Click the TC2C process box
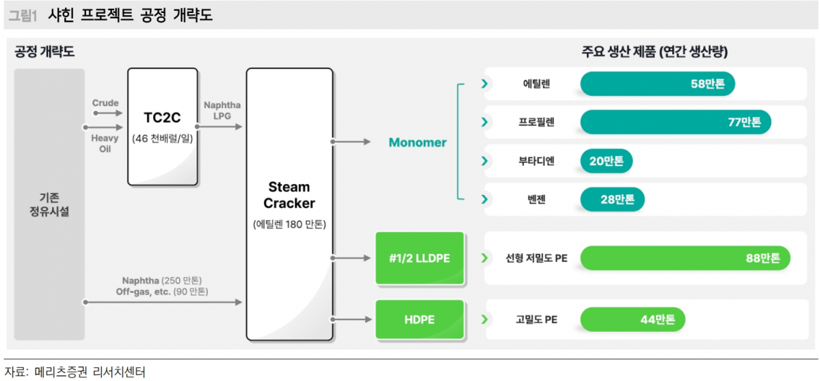[x=163, y=127]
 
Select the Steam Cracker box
[x=289, y=203]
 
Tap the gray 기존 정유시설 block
[x=49, y=204]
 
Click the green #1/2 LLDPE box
[x=420, y=258]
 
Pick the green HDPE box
[x=420, y=319]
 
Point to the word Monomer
[x=417, y=142]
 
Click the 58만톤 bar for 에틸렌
[x=657, y=84]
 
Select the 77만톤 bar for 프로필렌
[x=676, y=122]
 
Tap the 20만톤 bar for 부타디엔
[x=606, y=161]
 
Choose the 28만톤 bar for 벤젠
[x=612, y=200]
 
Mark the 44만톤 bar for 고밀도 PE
[x=632, y=319]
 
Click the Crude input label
[x=105, y=103]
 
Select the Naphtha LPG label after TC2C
[x=222, y=111]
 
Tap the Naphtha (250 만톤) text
[x=162, y=280]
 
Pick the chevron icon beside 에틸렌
[x=485, y=84]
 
